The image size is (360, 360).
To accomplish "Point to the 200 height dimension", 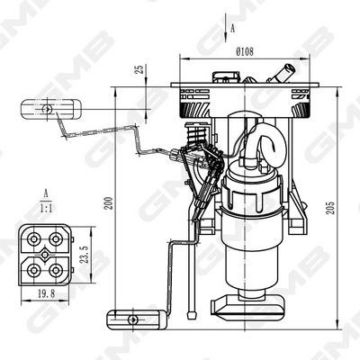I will coord(109,202).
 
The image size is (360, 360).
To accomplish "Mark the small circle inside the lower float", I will coord(132,319).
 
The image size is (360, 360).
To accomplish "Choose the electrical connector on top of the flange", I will coord(222,77).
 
